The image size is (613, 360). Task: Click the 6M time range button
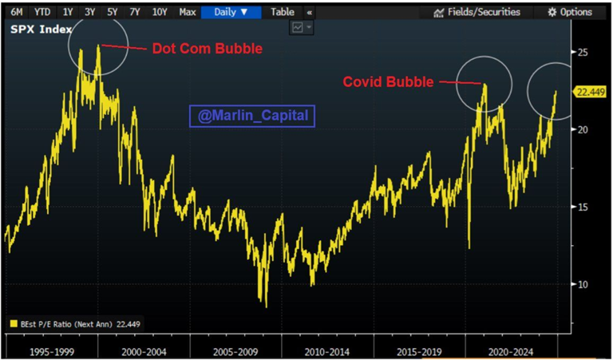[17, 12]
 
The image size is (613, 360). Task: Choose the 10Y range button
[160, 12]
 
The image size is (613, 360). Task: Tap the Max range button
[188, 12]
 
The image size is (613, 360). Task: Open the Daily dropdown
[232, 12]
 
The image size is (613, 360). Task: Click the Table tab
[282, 12]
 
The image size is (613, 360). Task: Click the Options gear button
[570, 12]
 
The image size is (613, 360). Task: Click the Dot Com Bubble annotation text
[207, 49]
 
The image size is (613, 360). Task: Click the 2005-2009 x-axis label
[237, 350]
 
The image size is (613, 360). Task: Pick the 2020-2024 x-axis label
[512, 350]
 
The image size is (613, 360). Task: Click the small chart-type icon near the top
[299, 27]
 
